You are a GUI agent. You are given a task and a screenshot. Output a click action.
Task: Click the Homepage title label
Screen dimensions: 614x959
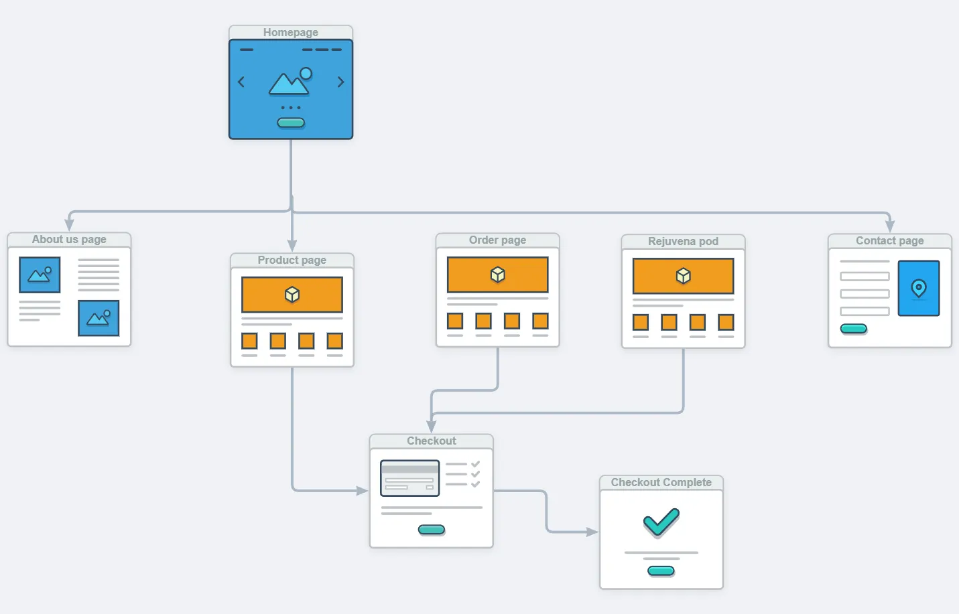point(290,32)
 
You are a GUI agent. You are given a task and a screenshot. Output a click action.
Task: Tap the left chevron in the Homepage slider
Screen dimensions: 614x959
point(241,82)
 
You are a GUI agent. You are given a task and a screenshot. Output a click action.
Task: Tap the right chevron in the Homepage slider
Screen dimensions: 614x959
point(340,82)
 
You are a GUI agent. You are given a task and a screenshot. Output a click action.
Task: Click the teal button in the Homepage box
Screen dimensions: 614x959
point(291,123)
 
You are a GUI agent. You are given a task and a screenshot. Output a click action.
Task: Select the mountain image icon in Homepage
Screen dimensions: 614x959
point(290,82)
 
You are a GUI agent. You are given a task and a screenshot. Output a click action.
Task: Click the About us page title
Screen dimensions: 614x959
point(69,239)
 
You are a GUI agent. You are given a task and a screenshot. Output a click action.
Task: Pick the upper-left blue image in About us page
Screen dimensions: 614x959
point(40,275)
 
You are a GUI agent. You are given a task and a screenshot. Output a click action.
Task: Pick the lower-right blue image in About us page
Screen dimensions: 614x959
point(99,318)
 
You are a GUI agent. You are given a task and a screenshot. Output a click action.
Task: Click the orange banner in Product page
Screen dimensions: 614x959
point(292,295)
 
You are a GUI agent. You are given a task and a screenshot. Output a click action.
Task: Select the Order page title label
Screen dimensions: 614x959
point(497,240)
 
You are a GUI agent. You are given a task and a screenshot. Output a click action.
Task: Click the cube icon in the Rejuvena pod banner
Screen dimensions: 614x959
point(683,276)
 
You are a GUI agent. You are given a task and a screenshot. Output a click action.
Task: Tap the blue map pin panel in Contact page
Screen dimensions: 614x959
point(919,288)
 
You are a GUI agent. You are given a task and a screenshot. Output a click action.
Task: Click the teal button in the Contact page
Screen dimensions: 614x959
point(854,329)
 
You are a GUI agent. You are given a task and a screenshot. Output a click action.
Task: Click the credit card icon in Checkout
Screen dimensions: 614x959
point(409,478)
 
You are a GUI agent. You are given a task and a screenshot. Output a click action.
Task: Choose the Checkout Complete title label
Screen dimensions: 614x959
point(661,482)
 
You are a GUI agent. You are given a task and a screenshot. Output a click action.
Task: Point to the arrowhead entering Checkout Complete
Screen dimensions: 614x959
point(592,532)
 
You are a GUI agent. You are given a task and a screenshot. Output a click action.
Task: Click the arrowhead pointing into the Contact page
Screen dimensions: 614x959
point(890,226)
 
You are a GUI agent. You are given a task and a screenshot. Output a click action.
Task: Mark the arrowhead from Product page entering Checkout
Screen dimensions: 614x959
point(363,491)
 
